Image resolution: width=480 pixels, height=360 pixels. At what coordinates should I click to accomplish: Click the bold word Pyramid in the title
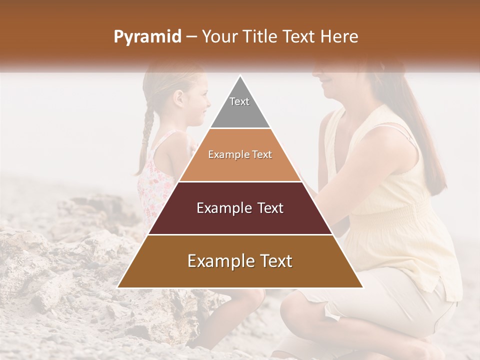pyautogui.click(x=147, y=37)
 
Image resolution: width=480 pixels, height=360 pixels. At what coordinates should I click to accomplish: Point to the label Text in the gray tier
pyautogui.click(x=239, y=101)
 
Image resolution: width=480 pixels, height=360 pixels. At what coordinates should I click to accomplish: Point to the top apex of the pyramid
pyautogui.click(x=240, y=76)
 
